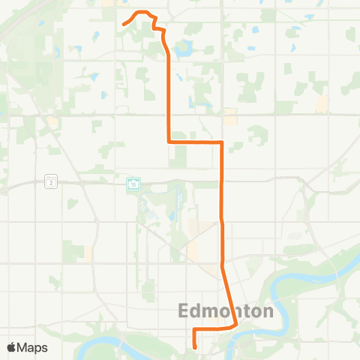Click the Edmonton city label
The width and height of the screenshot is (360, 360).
point(224,310)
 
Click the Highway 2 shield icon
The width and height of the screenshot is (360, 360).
point(51,182)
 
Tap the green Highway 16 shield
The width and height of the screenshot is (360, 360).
point(133,183)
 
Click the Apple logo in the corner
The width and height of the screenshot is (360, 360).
point(11,347)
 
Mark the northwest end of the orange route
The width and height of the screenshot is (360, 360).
point(123,24)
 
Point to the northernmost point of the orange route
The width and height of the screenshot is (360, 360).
point(141,12)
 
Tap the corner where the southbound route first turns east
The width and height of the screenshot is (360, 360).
point(167,141)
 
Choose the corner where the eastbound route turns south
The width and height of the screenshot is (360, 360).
point(222,141)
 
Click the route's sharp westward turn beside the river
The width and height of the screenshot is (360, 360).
point(237,326)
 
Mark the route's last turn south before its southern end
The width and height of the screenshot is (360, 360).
point(194,329)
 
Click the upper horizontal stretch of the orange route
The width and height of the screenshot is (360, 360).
point(195,141)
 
